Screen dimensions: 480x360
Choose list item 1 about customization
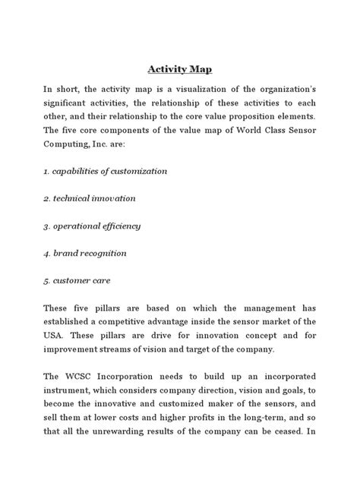coord(104,172)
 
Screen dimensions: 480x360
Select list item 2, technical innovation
coord(89,199)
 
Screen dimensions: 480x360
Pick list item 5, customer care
coord(77,280)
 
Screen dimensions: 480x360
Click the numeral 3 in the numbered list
coord(46,226)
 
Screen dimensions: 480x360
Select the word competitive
coord(124,321)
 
